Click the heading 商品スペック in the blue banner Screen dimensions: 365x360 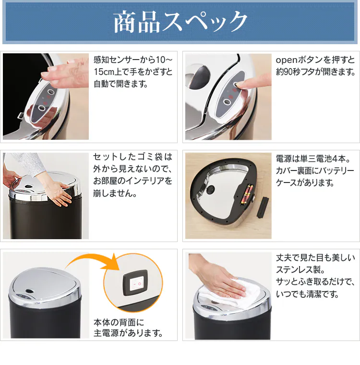(180, 22)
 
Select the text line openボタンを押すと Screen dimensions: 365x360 (315, 60)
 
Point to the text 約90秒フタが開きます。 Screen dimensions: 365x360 (315, 73)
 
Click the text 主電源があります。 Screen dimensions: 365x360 (128, 333)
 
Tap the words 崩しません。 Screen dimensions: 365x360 (115, 194)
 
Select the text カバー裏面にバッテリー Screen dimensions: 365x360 (315, 171)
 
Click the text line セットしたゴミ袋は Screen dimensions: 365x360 (132, 158)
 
